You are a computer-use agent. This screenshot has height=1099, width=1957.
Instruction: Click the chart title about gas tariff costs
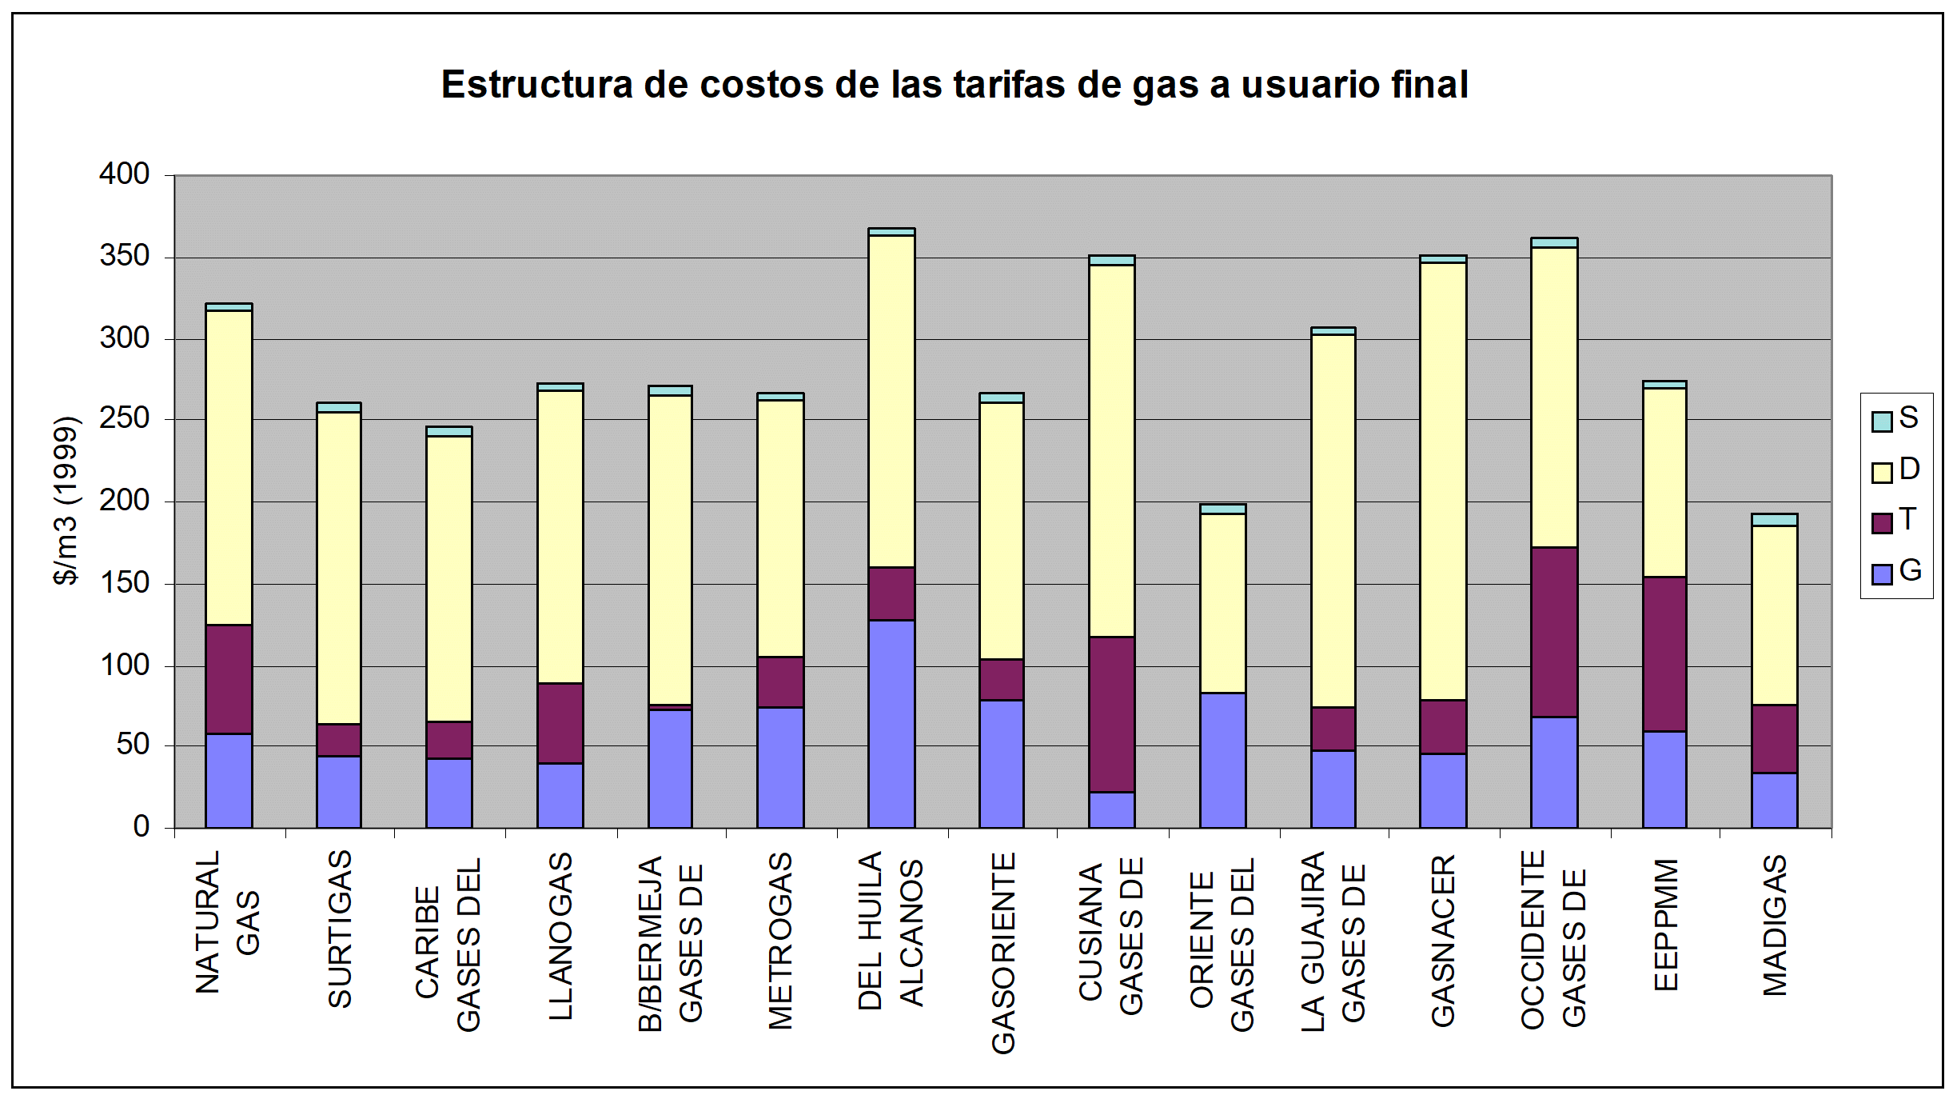[955, 85]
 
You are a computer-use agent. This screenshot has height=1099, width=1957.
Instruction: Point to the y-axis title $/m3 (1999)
[66, 501]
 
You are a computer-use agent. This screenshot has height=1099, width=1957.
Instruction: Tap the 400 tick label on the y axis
[125, 174]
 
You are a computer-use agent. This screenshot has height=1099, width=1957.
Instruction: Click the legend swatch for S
[1882, 422]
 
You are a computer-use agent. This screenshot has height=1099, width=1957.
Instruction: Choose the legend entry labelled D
[1896, 470]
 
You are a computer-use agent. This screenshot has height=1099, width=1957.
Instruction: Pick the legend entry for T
[1895, 521]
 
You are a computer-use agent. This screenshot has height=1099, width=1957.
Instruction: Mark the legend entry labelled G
[1896, 571]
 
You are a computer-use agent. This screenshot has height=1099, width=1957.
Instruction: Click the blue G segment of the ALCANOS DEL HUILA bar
[891, 724]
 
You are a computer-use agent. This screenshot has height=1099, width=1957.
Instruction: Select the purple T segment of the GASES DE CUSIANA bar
[1112, 714]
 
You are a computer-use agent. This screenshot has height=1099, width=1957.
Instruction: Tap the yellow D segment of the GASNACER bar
[1443, 482]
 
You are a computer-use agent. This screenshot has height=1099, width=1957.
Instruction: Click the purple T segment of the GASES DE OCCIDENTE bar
[1554, 632]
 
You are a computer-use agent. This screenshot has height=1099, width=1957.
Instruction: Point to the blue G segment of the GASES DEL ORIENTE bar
[1223, 760]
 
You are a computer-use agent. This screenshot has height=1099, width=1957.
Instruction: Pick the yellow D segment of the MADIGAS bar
[1775, 615]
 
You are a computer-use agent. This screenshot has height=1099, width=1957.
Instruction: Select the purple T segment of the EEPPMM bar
[1664, 654]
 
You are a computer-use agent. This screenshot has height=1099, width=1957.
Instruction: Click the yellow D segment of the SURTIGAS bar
[339, 568]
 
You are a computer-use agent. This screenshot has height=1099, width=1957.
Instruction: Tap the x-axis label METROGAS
[780, 941]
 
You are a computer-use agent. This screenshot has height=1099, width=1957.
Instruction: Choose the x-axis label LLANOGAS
[560, 936]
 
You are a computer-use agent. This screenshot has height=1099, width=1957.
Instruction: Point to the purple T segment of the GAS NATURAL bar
[229, 679]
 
